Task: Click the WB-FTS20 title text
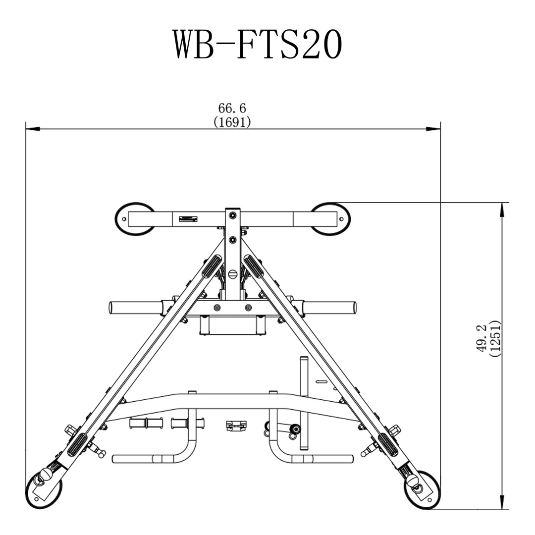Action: point(257,45)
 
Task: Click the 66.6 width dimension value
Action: point(232,108)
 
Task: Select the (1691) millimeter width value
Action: point(232,122)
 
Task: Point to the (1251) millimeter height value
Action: point(495,339)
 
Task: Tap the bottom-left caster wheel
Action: point(44,490)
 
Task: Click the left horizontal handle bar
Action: point(135,308)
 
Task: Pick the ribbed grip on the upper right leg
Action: point(253,267)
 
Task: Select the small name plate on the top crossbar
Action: point(189,218)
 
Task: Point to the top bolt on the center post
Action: point(232,214)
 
